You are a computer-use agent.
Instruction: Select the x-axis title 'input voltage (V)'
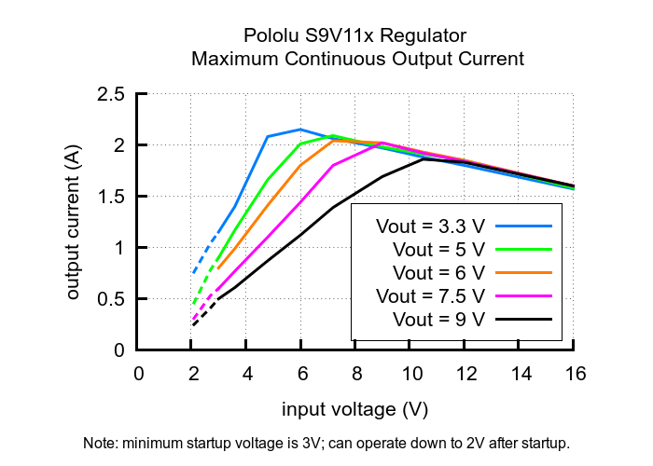tap(354, 410)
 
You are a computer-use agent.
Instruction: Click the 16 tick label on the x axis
tap(575, 375)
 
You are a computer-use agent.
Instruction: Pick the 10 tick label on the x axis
tap(411, 375)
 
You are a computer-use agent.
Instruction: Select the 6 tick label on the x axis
tap(301, 375)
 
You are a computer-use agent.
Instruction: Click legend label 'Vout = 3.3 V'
tap(430, 226)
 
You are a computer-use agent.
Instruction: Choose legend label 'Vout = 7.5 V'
tap(430, 296)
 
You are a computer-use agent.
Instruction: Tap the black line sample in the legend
tap(524, 320)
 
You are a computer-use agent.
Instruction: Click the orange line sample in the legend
tap(524, 273)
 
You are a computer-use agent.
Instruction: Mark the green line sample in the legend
tap(524, 250)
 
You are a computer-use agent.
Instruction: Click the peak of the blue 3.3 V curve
tap(300, 130)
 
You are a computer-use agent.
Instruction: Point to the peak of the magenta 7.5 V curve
tap(382, 143)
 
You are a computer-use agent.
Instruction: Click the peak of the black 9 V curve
tap(424, 158)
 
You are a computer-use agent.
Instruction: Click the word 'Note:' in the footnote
tap(101, 442)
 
